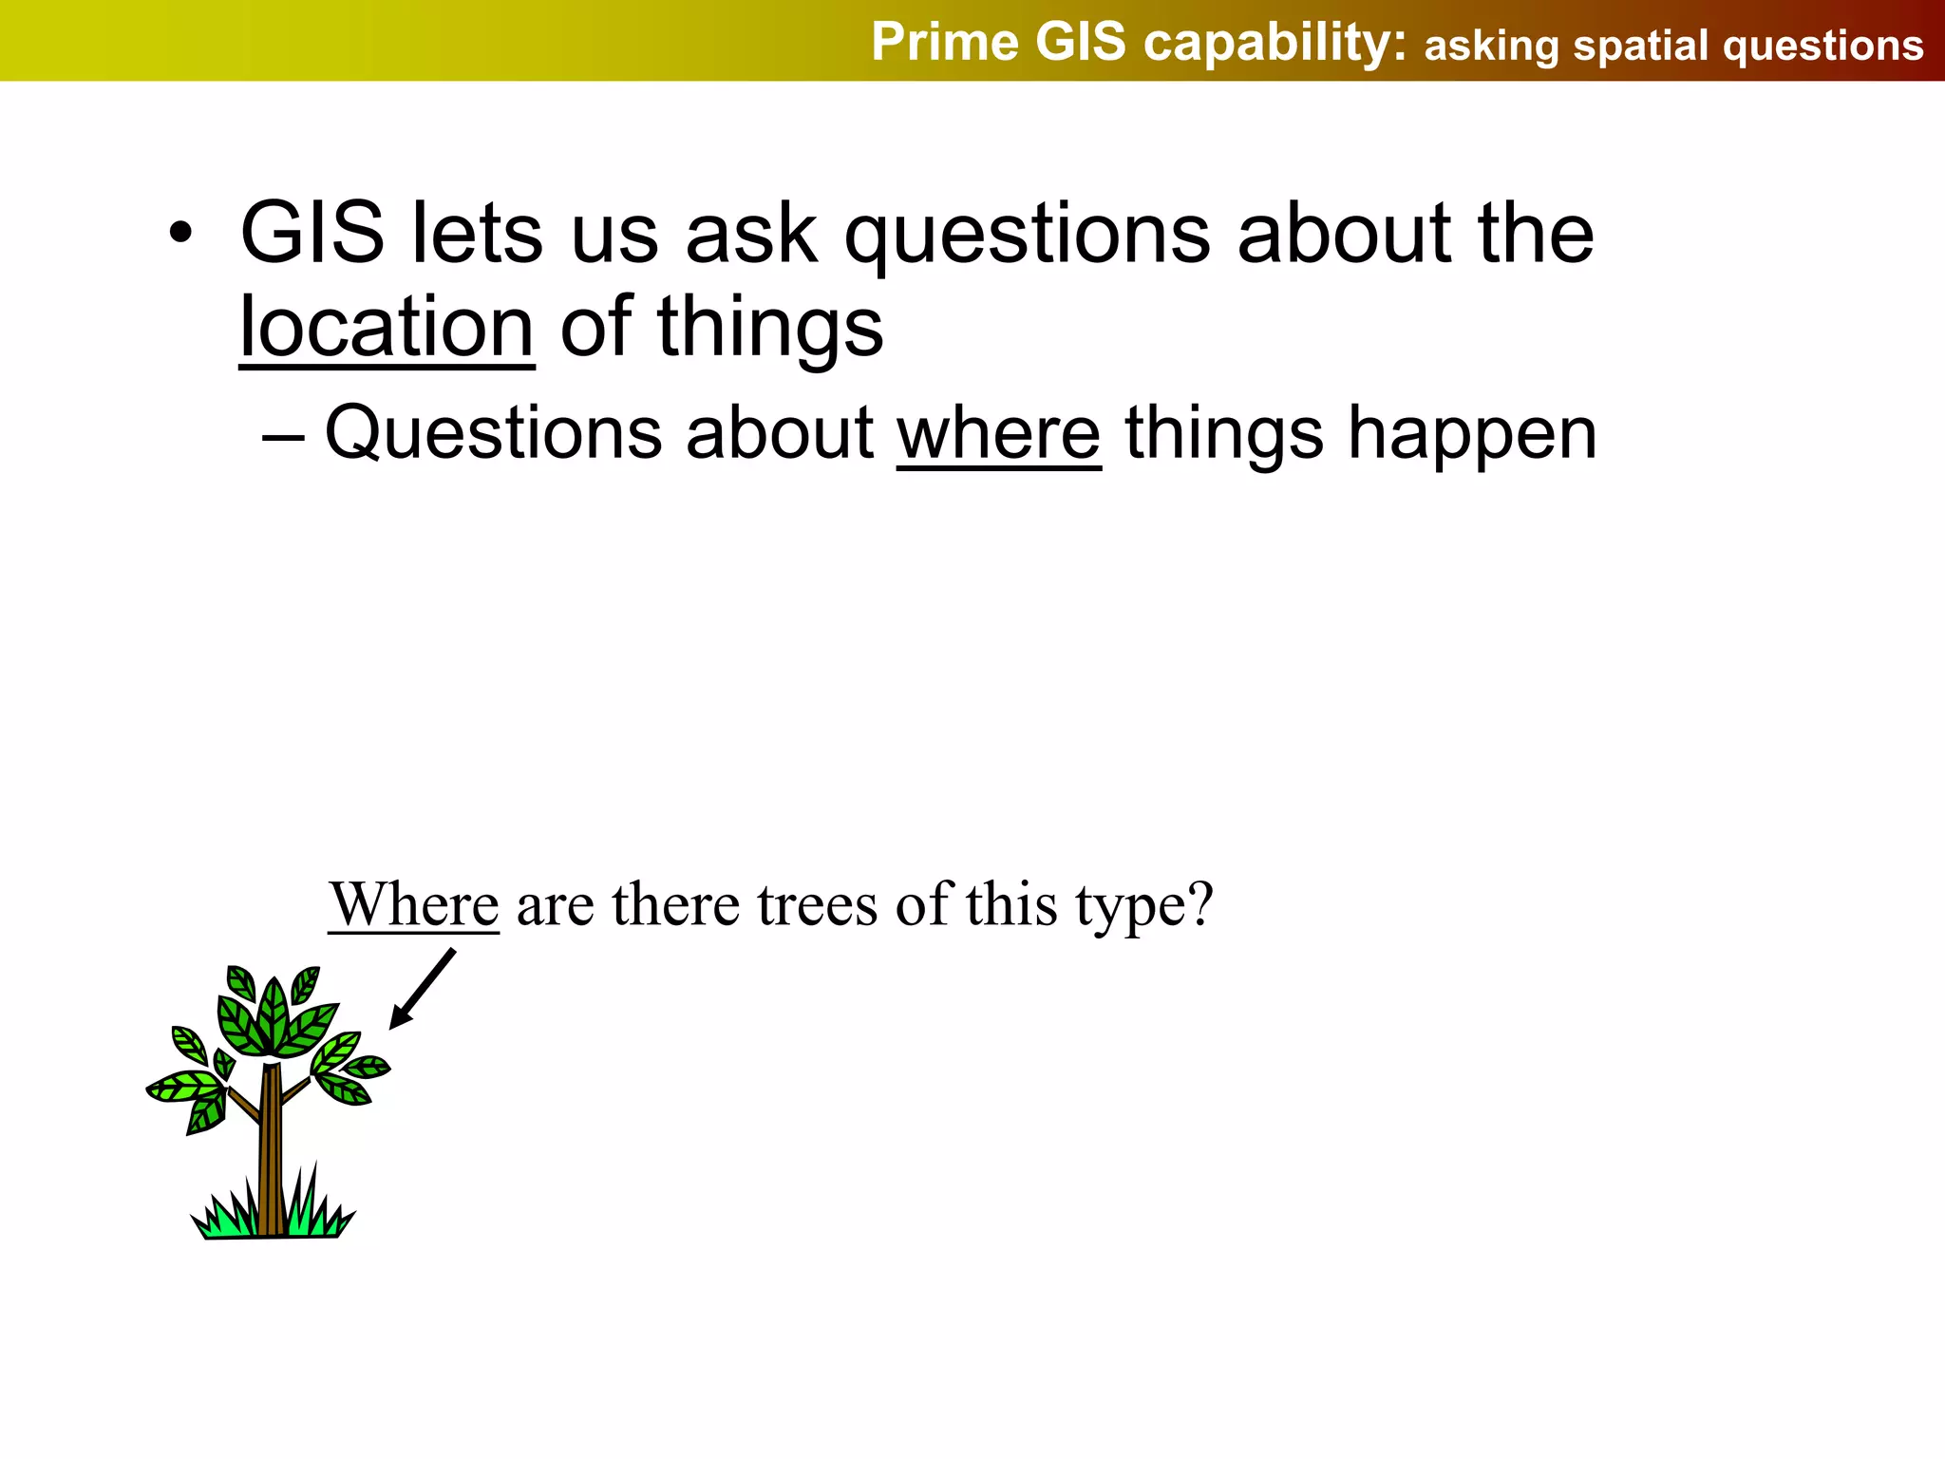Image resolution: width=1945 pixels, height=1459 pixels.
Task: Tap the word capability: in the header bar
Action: (x=1275, y=45)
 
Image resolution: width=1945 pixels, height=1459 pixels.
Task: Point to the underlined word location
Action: (x=387, y=328)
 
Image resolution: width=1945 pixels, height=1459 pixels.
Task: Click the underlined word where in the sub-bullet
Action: (x=998, y=433)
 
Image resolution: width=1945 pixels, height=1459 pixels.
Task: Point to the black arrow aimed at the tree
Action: (x=422, y=989)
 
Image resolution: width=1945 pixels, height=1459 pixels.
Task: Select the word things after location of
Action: (x=770, y=328)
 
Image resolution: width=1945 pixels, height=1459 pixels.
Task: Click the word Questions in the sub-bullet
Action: (x=493, y=433)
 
